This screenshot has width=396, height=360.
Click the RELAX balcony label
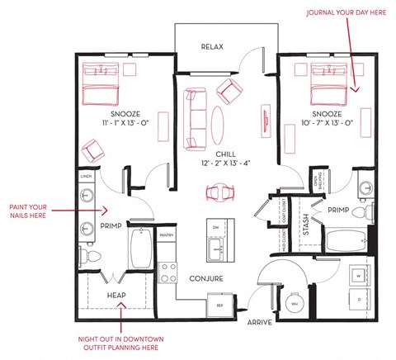tap(212, 47)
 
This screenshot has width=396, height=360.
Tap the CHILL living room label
tap(227, 154)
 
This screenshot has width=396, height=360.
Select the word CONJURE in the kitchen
tap(206, 279)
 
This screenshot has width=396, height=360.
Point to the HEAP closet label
tap(116, 295)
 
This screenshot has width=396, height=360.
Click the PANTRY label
tap(166, 235)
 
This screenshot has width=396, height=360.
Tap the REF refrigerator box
tap(220, 306)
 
